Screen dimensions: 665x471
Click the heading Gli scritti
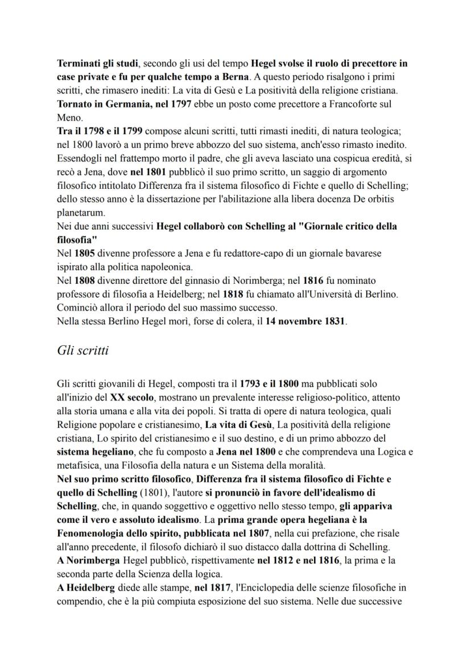coord(82,350)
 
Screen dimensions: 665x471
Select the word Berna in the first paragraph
coord(232,76)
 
